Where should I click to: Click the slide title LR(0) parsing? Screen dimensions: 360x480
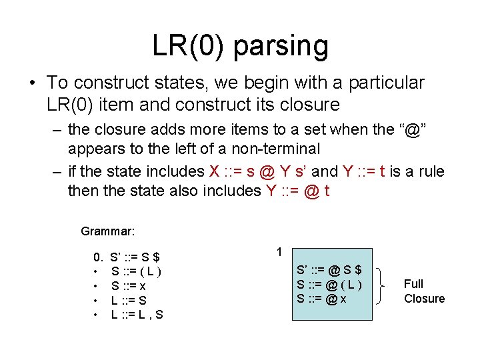point(240,45)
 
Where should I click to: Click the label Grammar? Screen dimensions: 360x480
point(108,231)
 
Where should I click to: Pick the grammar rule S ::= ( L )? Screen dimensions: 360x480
point(136,271)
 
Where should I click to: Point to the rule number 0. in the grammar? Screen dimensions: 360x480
point(98,257)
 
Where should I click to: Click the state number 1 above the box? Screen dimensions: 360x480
point(279,252)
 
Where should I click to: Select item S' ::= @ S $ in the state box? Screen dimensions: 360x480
point(329,271)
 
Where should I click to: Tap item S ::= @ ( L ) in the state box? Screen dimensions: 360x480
point(329,285)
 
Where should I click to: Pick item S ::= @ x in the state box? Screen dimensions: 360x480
point(321,299)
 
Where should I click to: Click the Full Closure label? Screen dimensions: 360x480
point(424,291)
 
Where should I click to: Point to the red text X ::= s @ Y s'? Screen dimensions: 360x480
point(267,171)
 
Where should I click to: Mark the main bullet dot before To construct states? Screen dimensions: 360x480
point(32,83)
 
